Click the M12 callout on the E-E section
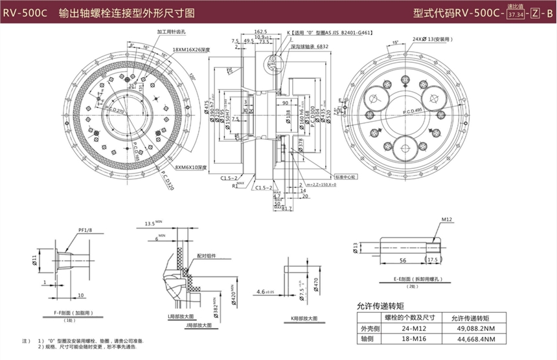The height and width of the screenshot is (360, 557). [447, 221]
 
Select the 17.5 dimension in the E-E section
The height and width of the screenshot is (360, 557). [433, 260]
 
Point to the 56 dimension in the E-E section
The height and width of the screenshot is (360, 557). [402, 260]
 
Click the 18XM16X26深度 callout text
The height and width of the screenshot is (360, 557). [192, 49]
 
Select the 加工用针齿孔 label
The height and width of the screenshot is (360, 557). [170, 31]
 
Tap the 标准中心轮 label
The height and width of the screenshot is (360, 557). [347, 175]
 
